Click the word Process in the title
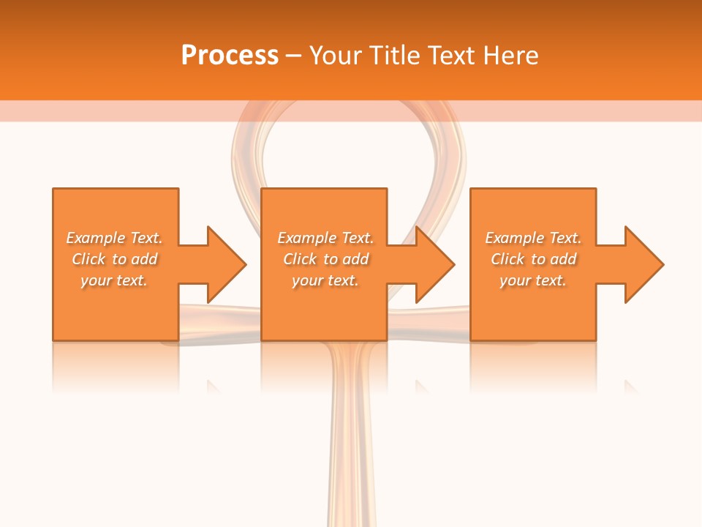click(230, 55)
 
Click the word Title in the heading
click(394, 55)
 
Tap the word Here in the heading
click(512, 55)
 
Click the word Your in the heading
click(336, 55)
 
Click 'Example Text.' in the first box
click(115, 238)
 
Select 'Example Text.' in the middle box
click(325, 238)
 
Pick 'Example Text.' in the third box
click(533, 238)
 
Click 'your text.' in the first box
click(115, 280)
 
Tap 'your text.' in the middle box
click(325, 280)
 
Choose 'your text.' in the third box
click(533, 280)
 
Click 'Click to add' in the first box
click(115, 259)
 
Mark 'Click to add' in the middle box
click(325, 259)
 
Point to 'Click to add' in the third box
click(533, 259)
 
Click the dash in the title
click(294, 56)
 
